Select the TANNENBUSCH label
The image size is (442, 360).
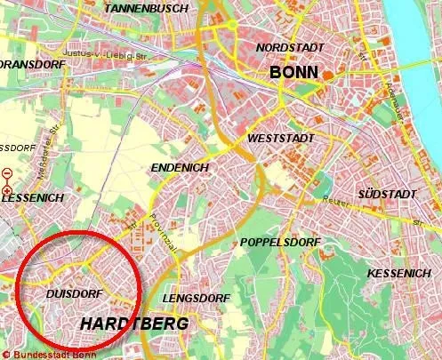pos(146,8)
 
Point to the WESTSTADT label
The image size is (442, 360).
pos(281,140)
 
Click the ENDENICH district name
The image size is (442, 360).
pos(181,167)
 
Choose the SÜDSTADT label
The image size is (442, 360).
pos(388,193)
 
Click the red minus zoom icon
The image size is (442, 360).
pos(7,173)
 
